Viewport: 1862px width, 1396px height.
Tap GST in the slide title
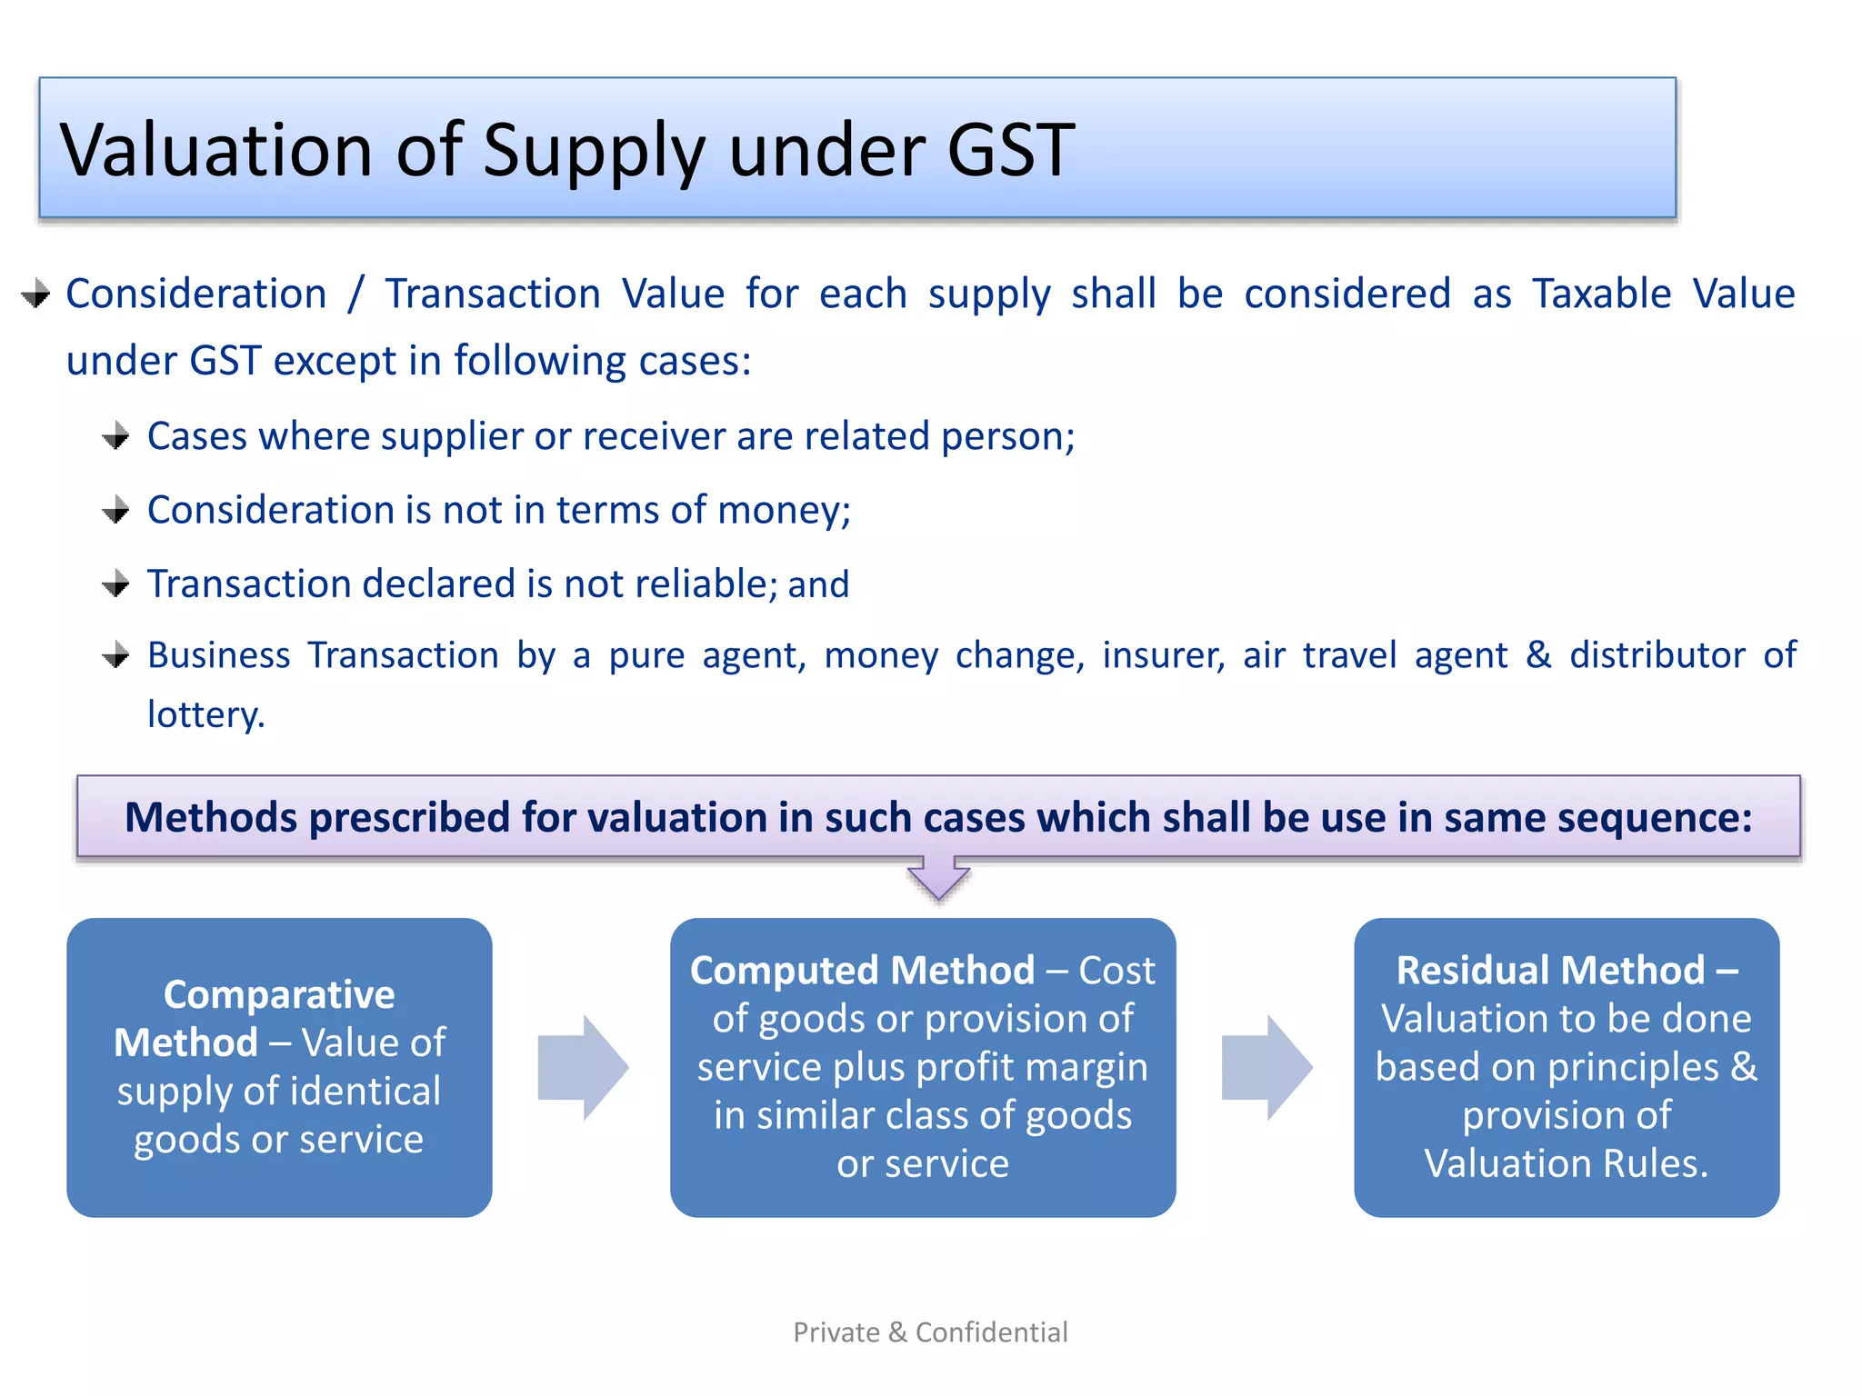click(x=1010, y=150)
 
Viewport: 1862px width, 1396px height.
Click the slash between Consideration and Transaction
click(x=355, y=294)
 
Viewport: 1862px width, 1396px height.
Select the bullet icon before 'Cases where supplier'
click(x=116, y=437)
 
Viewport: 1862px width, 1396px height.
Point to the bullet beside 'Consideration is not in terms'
click(x=116, y=511)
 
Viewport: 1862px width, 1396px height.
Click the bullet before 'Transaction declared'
click(x=116, y=583)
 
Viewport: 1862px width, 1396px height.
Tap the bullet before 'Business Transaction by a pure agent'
click(x=116, y=655)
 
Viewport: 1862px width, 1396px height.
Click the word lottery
click(x=205, y=714)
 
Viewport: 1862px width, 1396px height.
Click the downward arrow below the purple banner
click(x=938, y=878)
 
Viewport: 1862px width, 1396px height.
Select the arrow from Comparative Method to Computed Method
click(x=582, y=1068)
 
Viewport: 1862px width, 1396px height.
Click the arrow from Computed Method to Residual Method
click(x=1266, y=1068)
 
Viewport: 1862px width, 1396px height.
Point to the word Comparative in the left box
click(x=279, y=994)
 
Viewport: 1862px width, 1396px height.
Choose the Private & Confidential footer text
click(x=930, y=1332)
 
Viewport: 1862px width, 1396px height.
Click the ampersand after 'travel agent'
click(x=1538, y=655)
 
